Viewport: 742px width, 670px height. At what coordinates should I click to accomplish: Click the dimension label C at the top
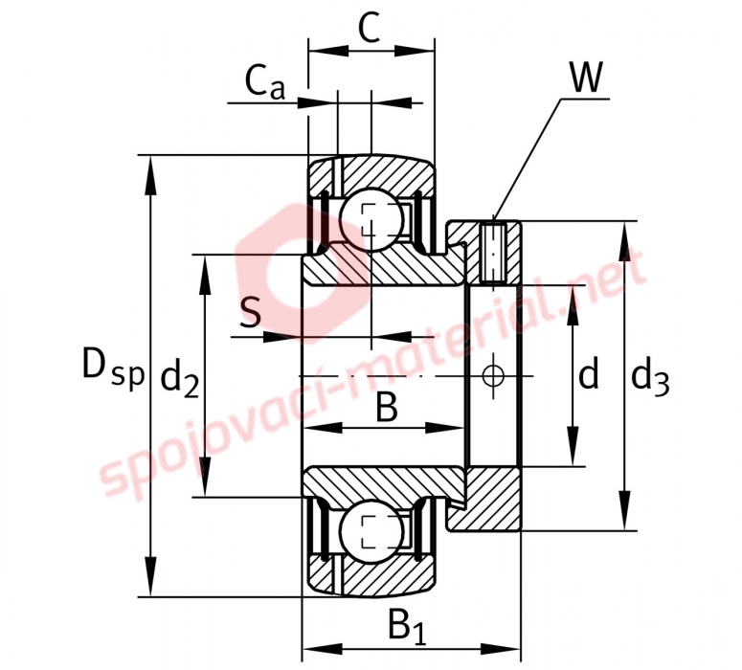click(x=370, y=28)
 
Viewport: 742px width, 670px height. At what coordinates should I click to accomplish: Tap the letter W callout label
click(x=586, y=77)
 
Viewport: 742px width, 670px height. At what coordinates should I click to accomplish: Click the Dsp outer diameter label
click(x=113, y=367)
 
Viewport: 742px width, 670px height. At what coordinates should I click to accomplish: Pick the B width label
click(x=387, y=407)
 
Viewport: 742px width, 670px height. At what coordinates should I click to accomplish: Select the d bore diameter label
click(x=589, y=373)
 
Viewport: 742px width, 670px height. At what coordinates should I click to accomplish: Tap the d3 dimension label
click(x=651, y=378)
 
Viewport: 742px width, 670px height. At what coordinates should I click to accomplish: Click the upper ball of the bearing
click(x=371, y=219)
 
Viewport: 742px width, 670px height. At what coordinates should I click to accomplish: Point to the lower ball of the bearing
click(x=371, y=532)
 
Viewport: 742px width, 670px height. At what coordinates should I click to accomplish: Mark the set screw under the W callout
click(x=494, y=253)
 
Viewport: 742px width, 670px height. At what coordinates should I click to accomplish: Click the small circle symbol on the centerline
click(x=494, y=376)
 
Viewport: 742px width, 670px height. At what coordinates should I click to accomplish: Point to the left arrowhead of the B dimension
click(x=323, y=428)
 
